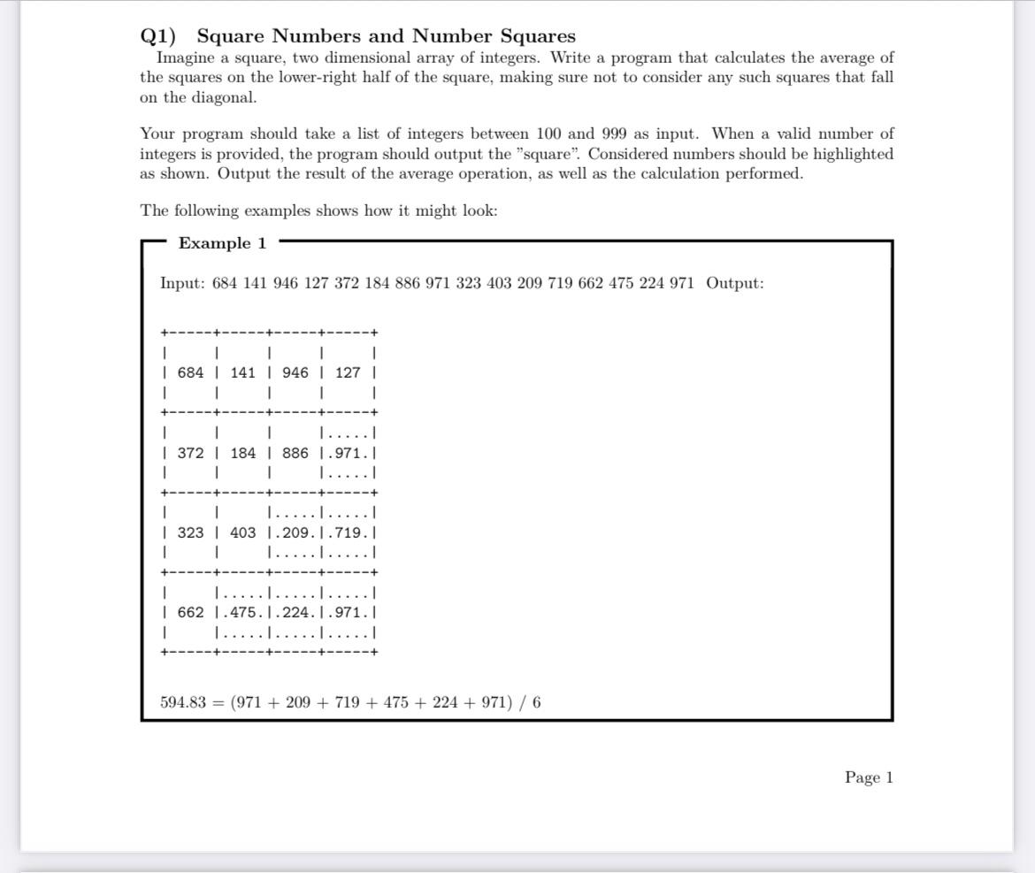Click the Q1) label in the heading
pyautogui.click(x=158, y=36)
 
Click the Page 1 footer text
pyautogui.click(x=869, y=777)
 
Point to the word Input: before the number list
pyautogui.click(x=182, y=283)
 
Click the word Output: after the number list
pyautogui.click(x=734, y=283)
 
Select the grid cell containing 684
pyautogui.click(x=190, y=372)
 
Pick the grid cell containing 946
pyautogui.click(x=295, y=372)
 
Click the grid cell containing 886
pyautogui.click(x=295, y=453)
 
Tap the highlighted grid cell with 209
pyautogui.click(x=295, y=532)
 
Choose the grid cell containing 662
pyautogui.click(x=190, y=612)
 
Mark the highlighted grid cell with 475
pyautogui.click(x=242, y=612)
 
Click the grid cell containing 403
pyautogui.click(x=242, y=532)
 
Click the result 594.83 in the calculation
pyautogui.click(x=182, y=702)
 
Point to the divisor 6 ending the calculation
pyautogui.click(x=537, y=702)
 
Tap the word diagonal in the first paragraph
pyautogui.click(x=219, y=97)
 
